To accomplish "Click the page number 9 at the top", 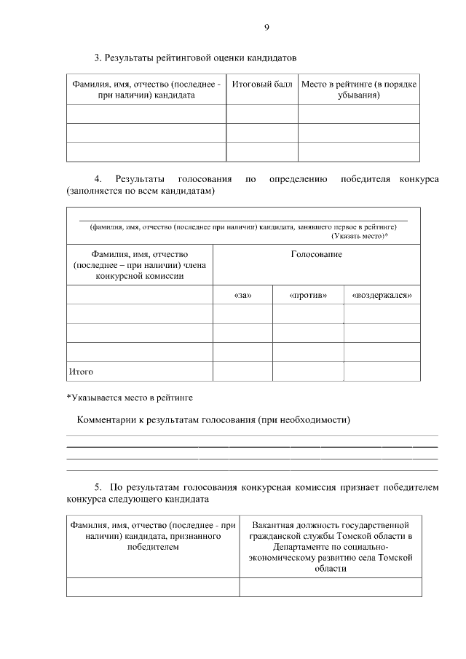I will pyautogui.click(x=266, y=28).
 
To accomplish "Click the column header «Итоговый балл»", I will pyautogui.click(x=261, y=84).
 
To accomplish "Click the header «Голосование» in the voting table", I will pyautogui.click(x=316, y=254).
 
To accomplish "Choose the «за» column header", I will pyautogui.click(x=242, y=295).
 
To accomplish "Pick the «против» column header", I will pyautogui.click(x=308, y=295).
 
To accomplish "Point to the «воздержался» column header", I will pyautogui.click(x=382, y=295).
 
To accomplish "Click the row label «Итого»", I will pyautogui.click(x=81, y=371).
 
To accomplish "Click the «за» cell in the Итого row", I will pyautogui.click(x=242, y=371).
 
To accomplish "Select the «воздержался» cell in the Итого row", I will pyautogui.click(x=382, y=371).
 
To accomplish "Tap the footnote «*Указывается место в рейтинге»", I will pyautogui.click(x=130, y=397).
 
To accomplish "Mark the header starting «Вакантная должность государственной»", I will pyautogui.click(x=330, y=524).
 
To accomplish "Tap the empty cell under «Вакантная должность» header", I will pyautogui.click(x=330, y=587).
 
